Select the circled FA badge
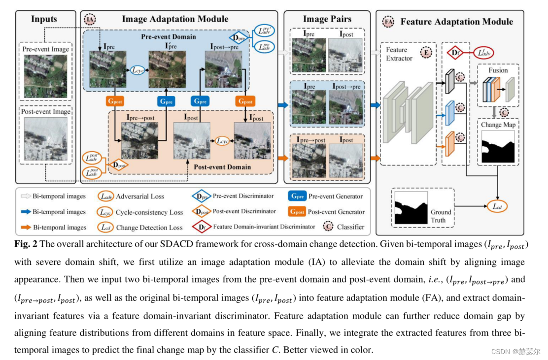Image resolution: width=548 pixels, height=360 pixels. point(388,22)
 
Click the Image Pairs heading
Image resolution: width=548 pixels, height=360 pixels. point(327,19)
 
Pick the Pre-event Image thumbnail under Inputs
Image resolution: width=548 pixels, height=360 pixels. point(45,76)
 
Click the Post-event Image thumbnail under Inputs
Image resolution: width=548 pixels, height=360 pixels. point(45,140)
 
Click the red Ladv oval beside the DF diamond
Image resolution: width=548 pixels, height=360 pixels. point(484,52)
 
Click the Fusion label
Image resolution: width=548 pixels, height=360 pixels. point(498,70)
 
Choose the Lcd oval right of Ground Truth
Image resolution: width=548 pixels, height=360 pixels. point(498,206)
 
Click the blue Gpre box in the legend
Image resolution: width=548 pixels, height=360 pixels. point(298,196)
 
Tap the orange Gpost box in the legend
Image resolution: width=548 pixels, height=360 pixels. point(298,212)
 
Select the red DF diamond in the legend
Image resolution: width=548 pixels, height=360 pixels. point(202,228)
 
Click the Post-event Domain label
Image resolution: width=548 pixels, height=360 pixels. point(222,167)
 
